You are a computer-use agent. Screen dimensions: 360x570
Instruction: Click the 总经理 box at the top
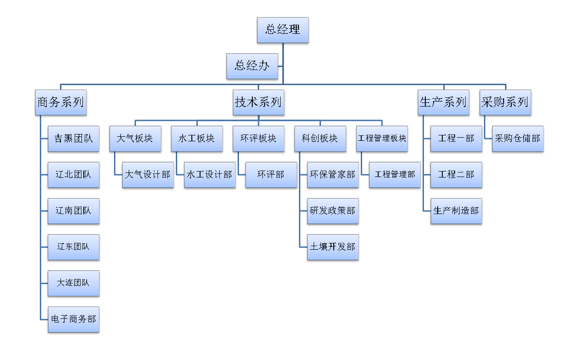click(x=282, y=30)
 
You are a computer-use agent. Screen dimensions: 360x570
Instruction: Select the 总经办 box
click(x=252, y=66)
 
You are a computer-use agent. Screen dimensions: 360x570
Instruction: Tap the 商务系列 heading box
click(x=61, y=102)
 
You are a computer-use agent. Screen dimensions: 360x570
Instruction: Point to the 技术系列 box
click(x=258, y=102)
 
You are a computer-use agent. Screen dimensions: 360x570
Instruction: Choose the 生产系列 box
click(x=443, y=102)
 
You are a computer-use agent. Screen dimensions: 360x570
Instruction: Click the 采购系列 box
click(x=505, y=102)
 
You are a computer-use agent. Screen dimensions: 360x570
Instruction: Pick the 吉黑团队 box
click(x=73, y=139)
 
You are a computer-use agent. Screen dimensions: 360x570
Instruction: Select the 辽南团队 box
click(x=73, y=211)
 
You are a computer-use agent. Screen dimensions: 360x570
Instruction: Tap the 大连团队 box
click(x=73, y=283)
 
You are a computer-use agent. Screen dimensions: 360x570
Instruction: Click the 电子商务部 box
click(x=73, y=319)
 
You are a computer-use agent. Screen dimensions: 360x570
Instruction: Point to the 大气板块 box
click(x=135, y=139)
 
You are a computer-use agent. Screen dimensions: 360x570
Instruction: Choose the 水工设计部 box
click(x=210, y=175)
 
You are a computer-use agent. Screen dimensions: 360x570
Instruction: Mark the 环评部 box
click(x=271, y=175)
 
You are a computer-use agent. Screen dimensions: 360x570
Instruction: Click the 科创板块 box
click(x=320, y=139)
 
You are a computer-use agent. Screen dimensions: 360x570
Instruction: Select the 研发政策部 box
click(x=333, y=211)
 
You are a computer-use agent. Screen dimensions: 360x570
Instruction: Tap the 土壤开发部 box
click(x=333, y=247)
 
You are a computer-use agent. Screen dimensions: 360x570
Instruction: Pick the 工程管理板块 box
click(x=382, y=139)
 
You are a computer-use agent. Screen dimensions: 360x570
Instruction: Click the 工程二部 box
click(x=456, y=175)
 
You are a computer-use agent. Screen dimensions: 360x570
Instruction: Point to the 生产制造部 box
click(x=456, y=211)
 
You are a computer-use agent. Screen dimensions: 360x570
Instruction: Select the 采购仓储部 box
click(x=518, y=139)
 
